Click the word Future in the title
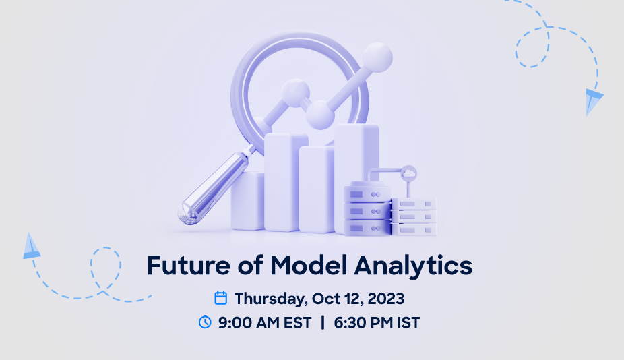(189, 265)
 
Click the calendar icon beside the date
(221, 298)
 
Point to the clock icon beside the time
(205, 322)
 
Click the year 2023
(385, 299)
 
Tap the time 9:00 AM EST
(265, 322)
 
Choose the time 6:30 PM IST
(377, 322)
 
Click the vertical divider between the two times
(323, 322)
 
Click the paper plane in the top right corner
(593, 101)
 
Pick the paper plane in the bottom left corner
(32, 246)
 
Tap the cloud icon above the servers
(408, 174)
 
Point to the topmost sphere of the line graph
(377, 58)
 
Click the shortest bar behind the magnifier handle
(247, 201)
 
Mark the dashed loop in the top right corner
(532, 47)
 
